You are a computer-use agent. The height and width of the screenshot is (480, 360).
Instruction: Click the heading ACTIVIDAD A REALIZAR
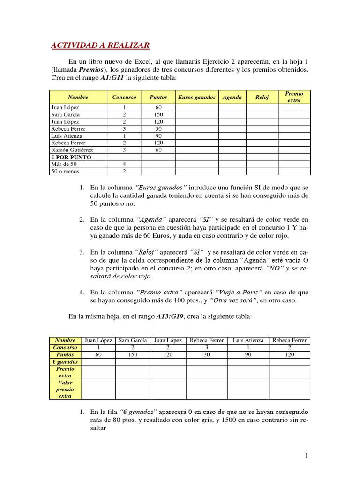point(100,45)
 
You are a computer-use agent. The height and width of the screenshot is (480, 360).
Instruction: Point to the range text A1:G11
point(115,78)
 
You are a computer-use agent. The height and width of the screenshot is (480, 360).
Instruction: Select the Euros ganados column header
point(197,97)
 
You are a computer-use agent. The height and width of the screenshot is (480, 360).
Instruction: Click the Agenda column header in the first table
point(232,97)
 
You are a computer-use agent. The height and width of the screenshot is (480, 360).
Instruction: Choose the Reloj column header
point(262,97)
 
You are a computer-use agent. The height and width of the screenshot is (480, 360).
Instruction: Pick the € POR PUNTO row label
point(71,157)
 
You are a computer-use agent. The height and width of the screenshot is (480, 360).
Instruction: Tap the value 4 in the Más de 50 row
point(124,165)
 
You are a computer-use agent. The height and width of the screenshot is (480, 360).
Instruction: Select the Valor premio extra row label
point(65,389)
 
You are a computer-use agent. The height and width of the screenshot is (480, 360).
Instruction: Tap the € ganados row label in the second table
point(65,362)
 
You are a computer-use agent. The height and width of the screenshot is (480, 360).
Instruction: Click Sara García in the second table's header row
point(133,340)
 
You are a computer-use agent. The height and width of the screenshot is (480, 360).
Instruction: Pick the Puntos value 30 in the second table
point(207,355)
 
